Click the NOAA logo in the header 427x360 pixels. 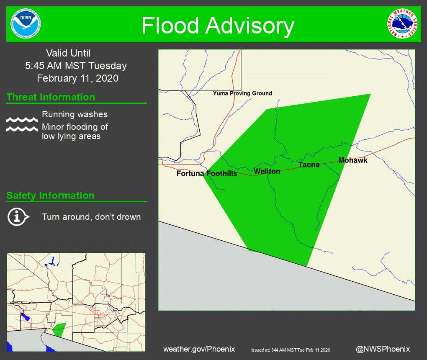[x=26, y=24]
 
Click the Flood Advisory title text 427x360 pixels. [x=218, y=26]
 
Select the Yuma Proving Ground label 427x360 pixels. [x=242, y=93]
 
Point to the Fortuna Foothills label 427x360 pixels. [x=207, y=173]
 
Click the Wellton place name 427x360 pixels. [x=267, y=171]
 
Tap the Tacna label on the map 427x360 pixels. [x=309, y=165]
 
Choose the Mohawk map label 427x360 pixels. [x=353, y=160]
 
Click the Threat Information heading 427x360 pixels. [x=51, y=98]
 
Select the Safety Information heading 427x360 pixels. [x=50, y=195]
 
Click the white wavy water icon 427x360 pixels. [x=22, y=124]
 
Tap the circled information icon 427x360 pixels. [x=18, y=217]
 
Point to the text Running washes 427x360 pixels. [x=75, y=114]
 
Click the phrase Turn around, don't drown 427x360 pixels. [x=91, y=217]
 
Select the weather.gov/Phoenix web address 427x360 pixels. [x=199, y=349]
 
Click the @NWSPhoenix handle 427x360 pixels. [x=383, y=349]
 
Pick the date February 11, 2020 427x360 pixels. [x=77, y=78]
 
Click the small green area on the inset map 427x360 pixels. [x=59, y=329]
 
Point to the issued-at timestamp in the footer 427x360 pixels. [x=291, y=350]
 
